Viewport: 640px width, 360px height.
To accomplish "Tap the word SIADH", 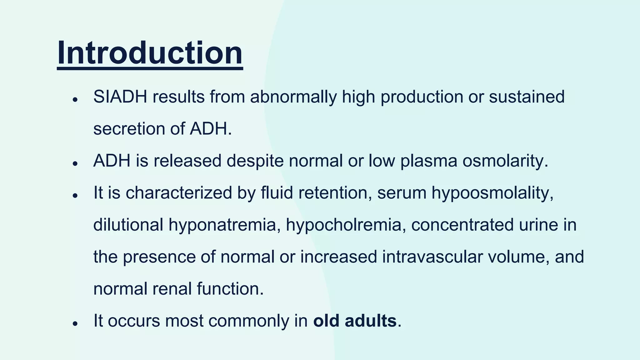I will pyautogui.click(x=120, y=97).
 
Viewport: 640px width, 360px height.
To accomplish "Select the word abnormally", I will pyautogui.click(x=293, y=97).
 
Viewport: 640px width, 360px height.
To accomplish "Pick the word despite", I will pyautogui.click(x=255, y=161).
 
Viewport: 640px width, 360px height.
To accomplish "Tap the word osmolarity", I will pyautogui.click(x=505, y=161).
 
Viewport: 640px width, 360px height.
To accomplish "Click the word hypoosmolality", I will pyautogui.click(x=492, y=193).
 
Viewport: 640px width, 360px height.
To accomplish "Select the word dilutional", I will pyautogui.click(x=128, y=225).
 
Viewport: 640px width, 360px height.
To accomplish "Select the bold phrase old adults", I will pyautogui.click(x=355, y=321).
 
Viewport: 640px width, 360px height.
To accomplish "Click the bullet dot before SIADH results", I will pyautogui.click(x=75, y=100).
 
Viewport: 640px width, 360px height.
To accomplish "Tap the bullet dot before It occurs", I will pyautogui.click(x=75, y=324).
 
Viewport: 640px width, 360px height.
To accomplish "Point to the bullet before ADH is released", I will pyautogui.click(x=75, y=164).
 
